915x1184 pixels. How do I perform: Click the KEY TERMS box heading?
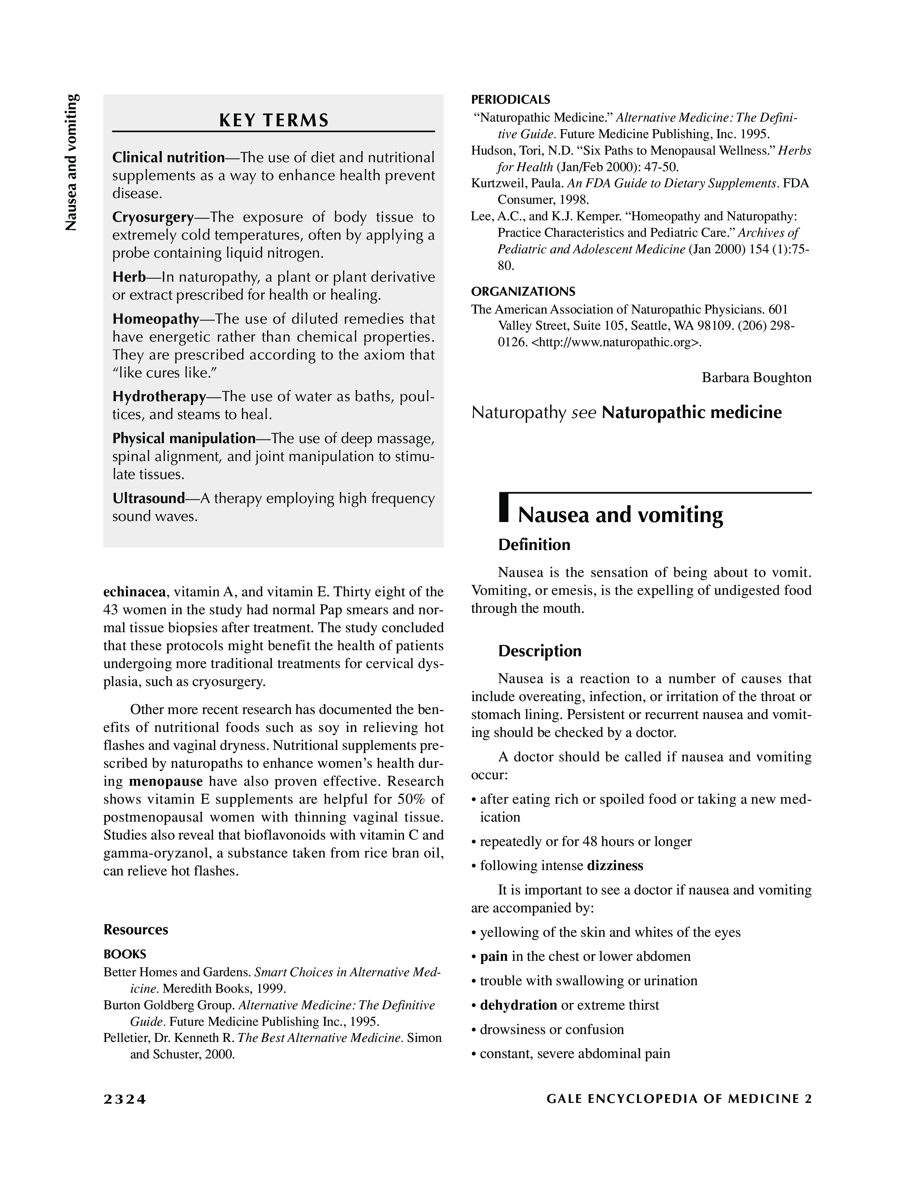[x=274, y=120]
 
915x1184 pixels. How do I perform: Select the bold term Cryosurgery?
[x=153, y=217]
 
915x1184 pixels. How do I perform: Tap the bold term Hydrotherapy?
[x=159, y=396]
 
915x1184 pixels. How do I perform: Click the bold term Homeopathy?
[x=156, y=318]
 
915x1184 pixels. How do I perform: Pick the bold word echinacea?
[x=135, y=591]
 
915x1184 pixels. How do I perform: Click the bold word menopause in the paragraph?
[x=166, y=781]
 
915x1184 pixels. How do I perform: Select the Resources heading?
[x=136, y=930]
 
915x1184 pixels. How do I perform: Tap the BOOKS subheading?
[x=125, y=954]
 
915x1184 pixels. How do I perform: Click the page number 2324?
[x=125, y=1099]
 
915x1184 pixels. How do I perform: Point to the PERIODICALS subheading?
[x=510, y=100]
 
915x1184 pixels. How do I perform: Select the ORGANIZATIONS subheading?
[x=523, y=292]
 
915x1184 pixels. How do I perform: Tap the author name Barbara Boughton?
[x=756, y=377]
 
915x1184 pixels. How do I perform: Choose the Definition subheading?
[x=534, y=545]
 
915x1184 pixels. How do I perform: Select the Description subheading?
[x=539, y=651]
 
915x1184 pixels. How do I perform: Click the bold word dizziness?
[x=615, y=865]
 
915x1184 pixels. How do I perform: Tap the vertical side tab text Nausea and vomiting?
[x=72, y=163]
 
